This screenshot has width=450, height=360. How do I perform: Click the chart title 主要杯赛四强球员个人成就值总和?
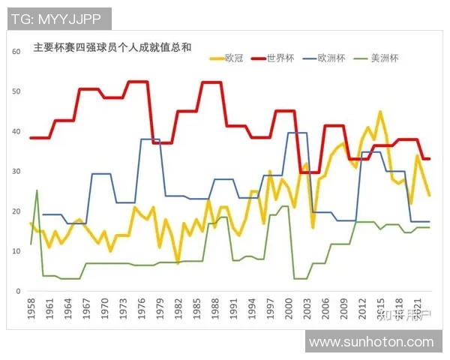point(112,47)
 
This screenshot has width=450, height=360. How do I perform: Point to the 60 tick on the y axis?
point(14,52)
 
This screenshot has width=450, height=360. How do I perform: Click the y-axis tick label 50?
point(14,91)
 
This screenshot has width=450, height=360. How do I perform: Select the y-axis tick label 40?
point(14,132)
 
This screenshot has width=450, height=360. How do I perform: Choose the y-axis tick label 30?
point(14,172)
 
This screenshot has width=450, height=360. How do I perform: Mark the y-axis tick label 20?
point(14,211)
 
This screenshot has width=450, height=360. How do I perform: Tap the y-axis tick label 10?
point(14,251)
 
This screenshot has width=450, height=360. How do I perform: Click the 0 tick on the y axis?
point(16,291)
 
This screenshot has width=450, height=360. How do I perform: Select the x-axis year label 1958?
point(31,309)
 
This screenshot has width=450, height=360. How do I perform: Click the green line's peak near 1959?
point(37,190)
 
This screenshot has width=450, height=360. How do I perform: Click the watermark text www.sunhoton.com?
point(371,342)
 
